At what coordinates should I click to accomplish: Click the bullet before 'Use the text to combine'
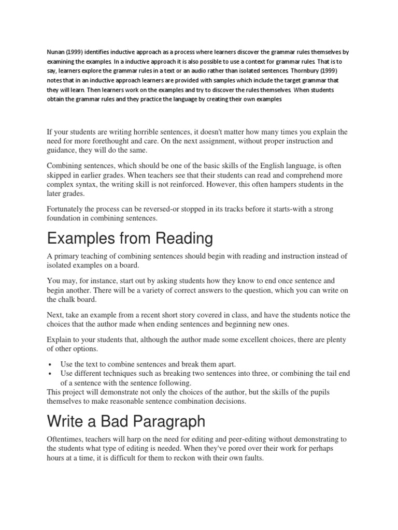(49, 364)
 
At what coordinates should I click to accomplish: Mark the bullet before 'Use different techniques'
(49, 374)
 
